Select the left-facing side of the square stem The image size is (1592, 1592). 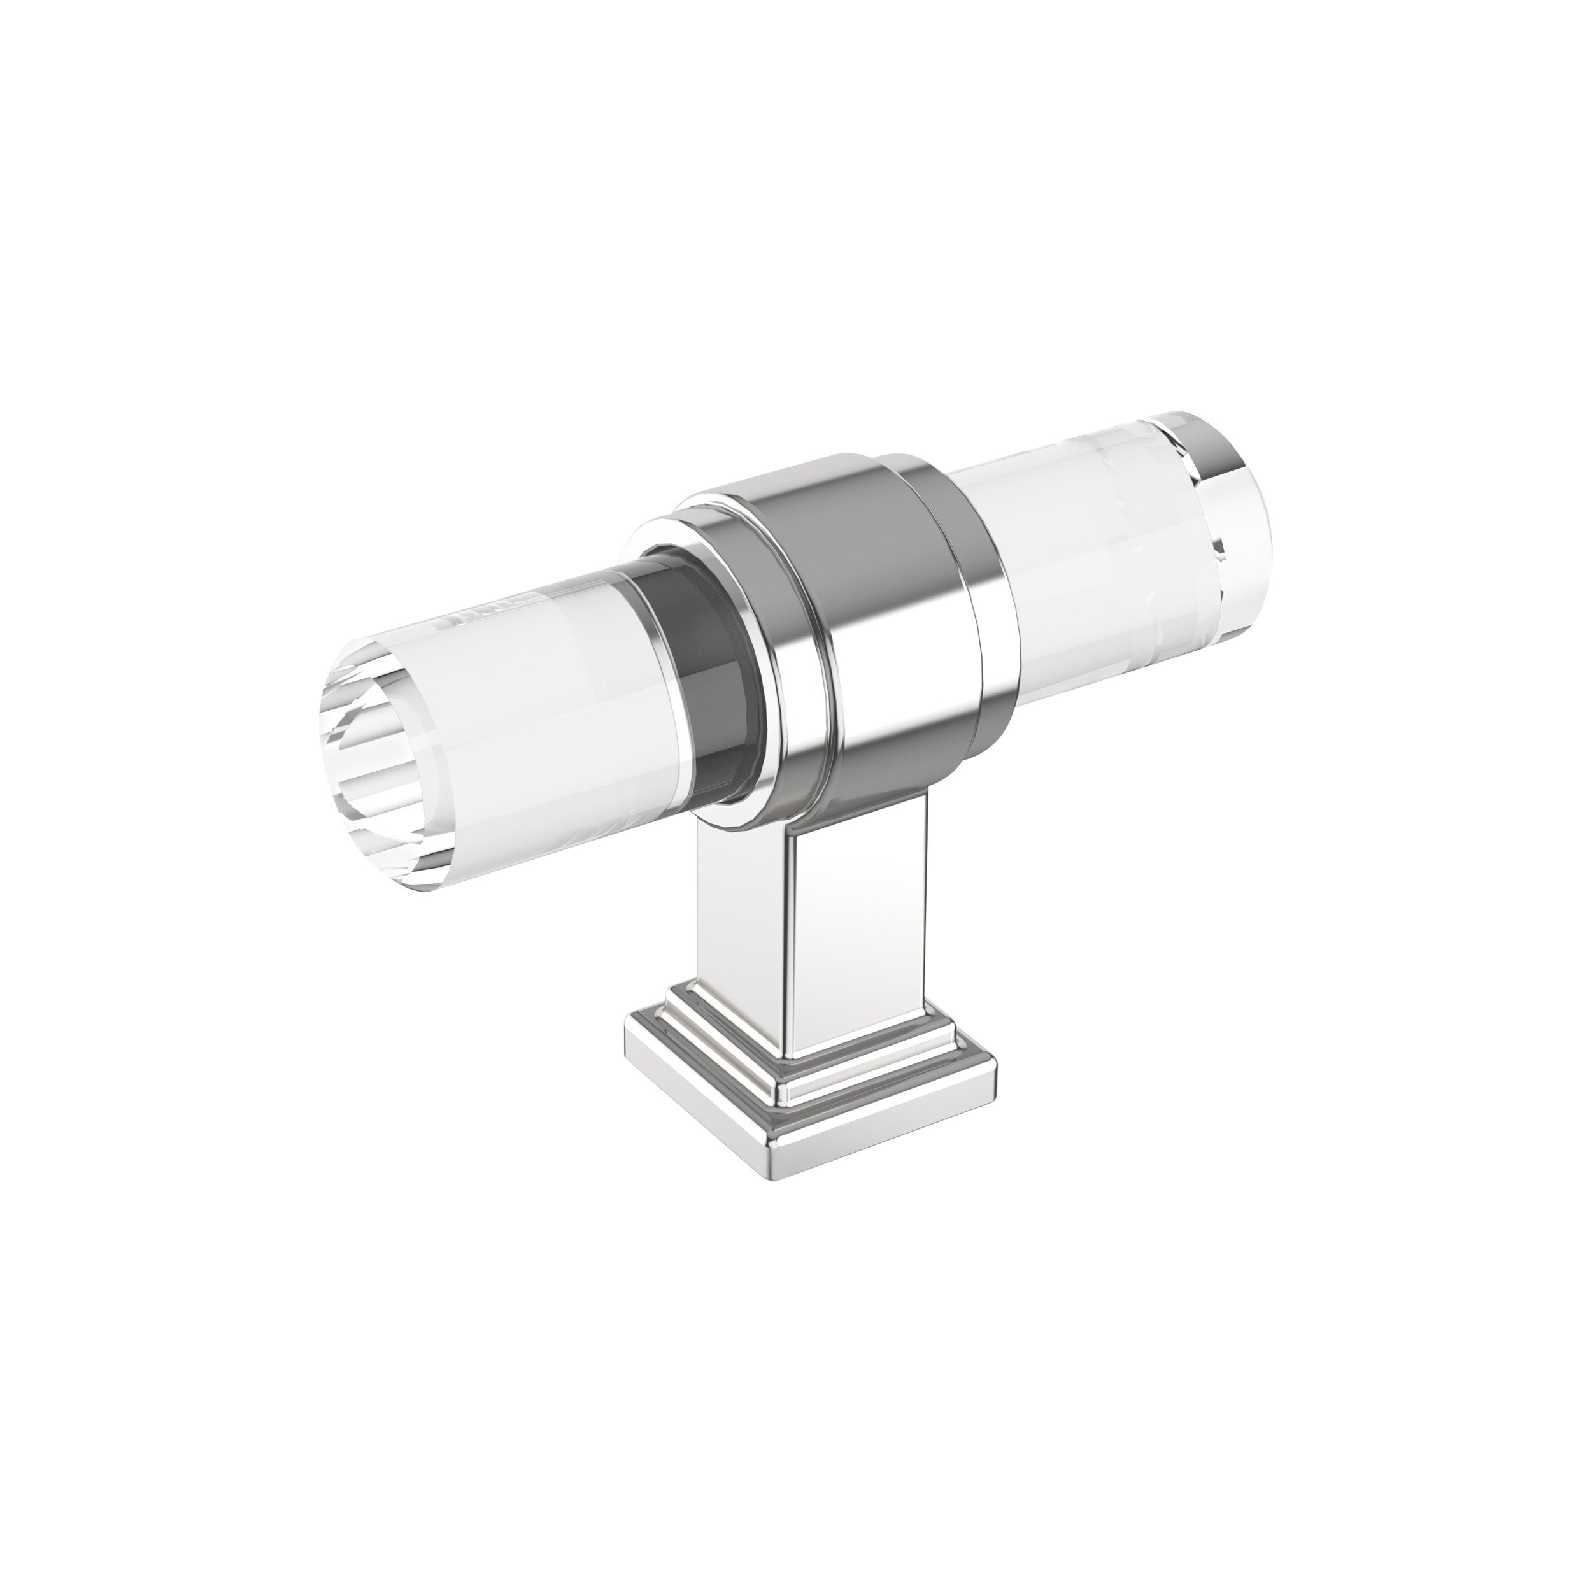click(x=746, y=914)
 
